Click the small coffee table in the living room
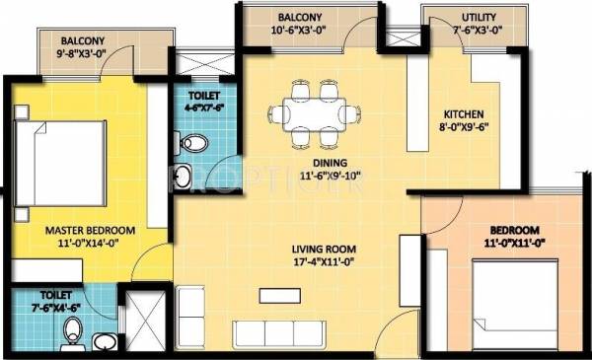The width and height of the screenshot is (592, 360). tap(279, 295)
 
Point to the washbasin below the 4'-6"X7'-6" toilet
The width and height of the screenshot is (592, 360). tap(183, 178)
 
